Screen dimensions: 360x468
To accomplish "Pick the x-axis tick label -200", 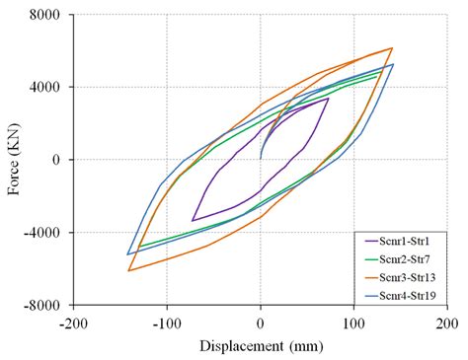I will pos(73,323).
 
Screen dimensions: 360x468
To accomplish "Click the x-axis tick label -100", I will pos(167,323).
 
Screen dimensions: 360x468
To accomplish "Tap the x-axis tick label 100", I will pos(353,323).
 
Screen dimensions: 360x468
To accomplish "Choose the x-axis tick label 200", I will pos(446,323).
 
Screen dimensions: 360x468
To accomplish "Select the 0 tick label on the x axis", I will pos(261,323).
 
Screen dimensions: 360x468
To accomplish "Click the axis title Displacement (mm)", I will pos(260,345).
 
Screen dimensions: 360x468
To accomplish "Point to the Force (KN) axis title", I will pos(14,160).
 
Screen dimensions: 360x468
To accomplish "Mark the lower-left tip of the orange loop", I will pos(128,270).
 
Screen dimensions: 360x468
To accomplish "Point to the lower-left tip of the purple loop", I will pos(193,220).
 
